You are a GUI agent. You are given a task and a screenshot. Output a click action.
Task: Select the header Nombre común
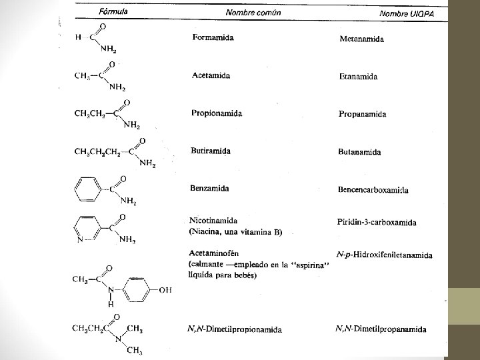(x=253, y=12)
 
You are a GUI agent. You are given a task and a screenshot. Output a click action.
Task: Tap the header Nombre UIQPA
(x=411, y=13)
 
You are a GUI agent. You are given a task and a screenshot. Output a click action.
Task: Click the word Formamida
(x=213, y=37)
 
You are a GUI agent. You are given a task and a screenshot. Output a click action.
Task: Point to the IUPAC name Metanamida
(x=362, y=39)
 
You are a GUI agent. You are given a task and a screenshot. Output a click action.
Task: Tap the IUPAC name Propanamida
(x=363, y=114)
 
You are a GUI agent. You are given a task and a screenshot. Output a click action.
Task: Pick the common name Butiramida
(x=211, y=151)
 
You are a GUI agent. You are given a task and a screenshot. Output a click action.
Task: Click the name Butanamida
(x=360, y=152)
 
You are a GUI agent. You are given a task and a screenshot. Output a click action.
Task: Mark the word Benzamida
(x=210, y=188)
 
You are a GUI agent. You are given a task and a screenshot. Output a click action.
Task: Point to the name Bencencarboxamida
(x=374, y=190)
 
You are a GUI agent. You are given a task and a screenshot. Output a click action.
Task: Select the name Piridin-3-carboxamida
(x=377, y=222)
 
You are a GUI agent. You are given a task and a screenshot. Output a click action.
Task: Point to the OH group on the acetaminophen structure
(x=165, y=290)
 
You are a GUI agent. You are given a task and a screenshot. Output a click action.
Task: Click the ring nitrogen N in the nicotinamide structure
(x=80, y=239)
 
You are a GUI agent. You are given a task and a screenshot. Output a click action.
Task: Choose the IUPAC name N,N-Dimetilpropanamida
(x=385, y=328)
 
